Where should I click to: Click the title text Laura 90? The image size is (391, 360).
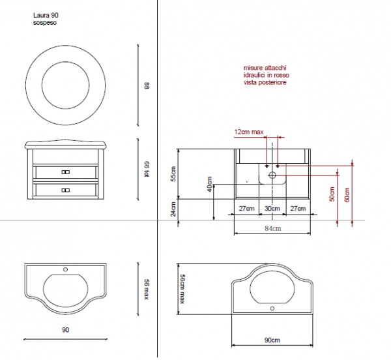click(x=46, y=15)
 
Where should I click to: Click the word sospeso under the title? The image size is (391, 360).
click(x=45, y=23)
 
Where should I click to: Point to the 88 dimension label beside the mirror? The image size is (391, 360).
click(x=147, y=85)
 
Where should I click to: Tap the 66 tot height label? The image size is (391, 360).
click(x=147, y=169)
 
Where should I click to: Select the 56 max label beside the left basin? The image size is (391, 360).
click(x=147, y=290)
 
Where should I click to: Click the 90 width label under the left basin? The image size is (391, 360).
click(x=65, y=330)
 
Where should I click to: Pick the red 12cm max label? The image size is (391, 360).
click(x=249, y=132)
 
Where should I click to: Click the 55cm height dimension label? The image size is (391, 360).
click(x=173, y=174)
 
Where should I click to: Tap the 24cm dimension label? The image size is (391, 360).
click(x=173, y=209)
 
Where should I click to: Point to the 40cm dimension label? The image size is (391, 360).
click(x=209, y=184)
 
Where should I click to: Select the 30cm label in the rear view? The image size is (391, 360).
click(x=272, y=208)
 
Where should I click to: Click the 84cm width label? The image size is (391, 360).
click(x=272, y=228)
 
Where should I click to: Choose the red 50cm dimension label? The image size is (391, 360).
click(x=332, y=194)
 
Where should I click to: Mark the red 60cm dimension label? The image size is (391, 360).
click(x=347, y=194)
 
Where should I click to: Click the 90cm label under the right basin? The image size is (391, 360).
click(x=272, y=340)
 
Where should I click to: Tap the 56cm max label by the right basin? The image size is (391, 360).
click(x=182, y=289)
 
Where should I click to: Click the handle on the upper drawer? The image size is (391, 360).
click(x=66, y=172)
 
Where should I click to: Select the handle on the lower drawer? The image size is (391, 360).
click(x=66, y=190)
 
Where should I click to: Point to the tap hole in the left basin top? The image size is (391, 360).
click(x=66, y=269)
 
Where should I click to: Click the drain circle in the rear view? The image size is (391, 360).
click(x=272, y=175)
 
